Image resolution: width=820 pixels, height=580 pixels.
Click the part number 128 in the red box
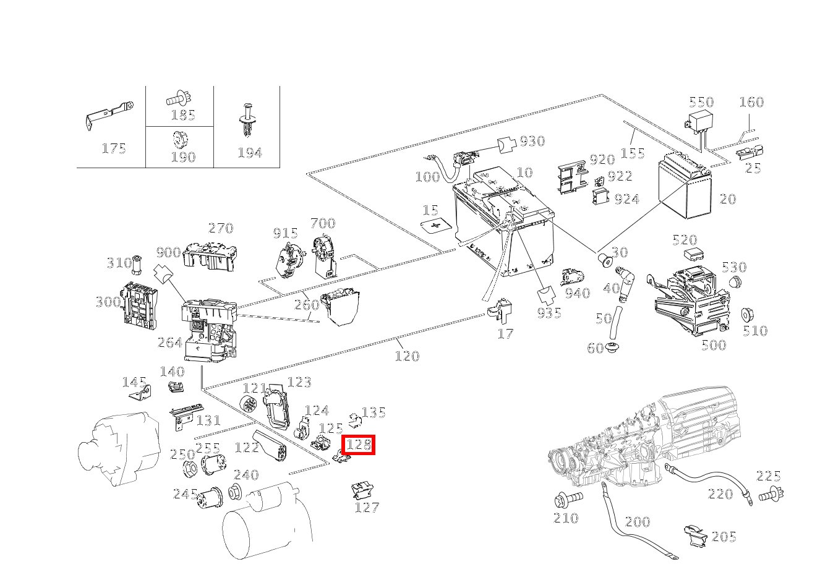[359, 444]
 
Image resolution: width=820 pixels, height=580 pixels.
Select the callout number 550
[701, 102]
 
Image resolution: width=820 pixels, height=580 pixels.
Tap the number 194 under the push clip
[250, 153]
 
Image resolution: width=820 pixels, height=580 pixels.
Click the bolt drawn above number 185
[178, 98]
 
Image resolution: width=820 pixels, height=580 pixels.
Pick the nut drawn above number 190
[179, 139]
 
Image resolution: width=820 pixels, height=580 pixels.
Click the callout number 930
[532, 141]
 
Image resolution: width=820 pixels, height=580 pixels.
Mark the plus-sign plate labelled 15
[437, 226]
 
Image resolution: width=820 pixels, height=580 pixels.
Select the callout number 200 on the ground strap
[637, 522]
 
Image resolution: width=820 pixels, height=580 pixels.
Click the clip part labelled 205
[697, 536]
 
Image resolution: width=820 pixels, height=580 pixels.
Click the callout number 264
[169, 343]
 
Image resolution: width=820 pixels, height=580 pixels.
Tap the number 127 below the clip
[367, 508]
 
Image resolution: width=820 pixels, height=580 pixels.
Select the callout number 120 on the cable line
[407, 356]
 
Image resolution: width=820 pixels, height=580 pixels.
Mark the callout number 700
[323, 223]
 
